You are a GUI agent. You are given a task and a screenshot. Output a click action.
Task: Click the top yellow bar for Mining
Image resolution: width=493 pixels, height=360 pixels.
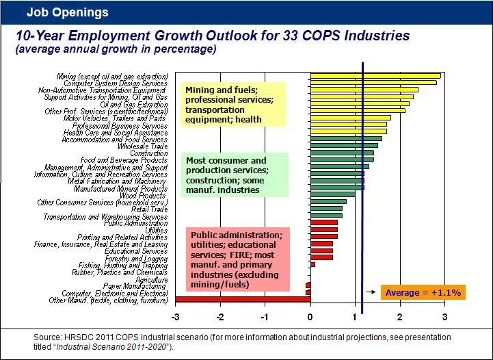(375, 75)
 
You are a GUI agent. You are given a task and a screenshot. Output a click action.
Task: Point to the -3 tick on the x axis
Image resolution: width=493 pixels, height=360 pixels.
(176, 317)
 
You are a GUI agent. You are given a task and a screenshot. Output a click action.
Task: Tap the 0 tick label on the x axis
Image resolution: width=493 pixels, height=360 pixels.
(310, 317)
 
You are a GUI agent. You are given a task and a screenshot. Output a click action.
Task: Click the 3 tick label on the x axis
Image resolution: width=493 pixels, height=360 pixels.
(445, 317)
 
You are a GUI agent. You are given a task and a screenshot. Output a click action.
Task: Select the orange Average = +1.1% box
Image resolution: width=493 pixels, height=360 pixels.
(423, 292)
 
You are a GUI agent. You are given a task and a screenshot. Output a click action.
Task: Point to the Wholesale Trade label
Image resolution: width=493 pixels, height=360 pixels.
(142, 146)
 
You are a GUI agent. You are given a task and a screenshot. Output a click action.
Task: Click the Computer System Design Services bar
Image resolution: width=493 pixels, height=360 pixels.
(373, 83)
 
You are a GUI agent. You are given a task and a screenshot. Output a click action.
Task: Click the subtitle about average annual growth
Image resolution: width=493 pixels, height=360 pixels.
(116, 49)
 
